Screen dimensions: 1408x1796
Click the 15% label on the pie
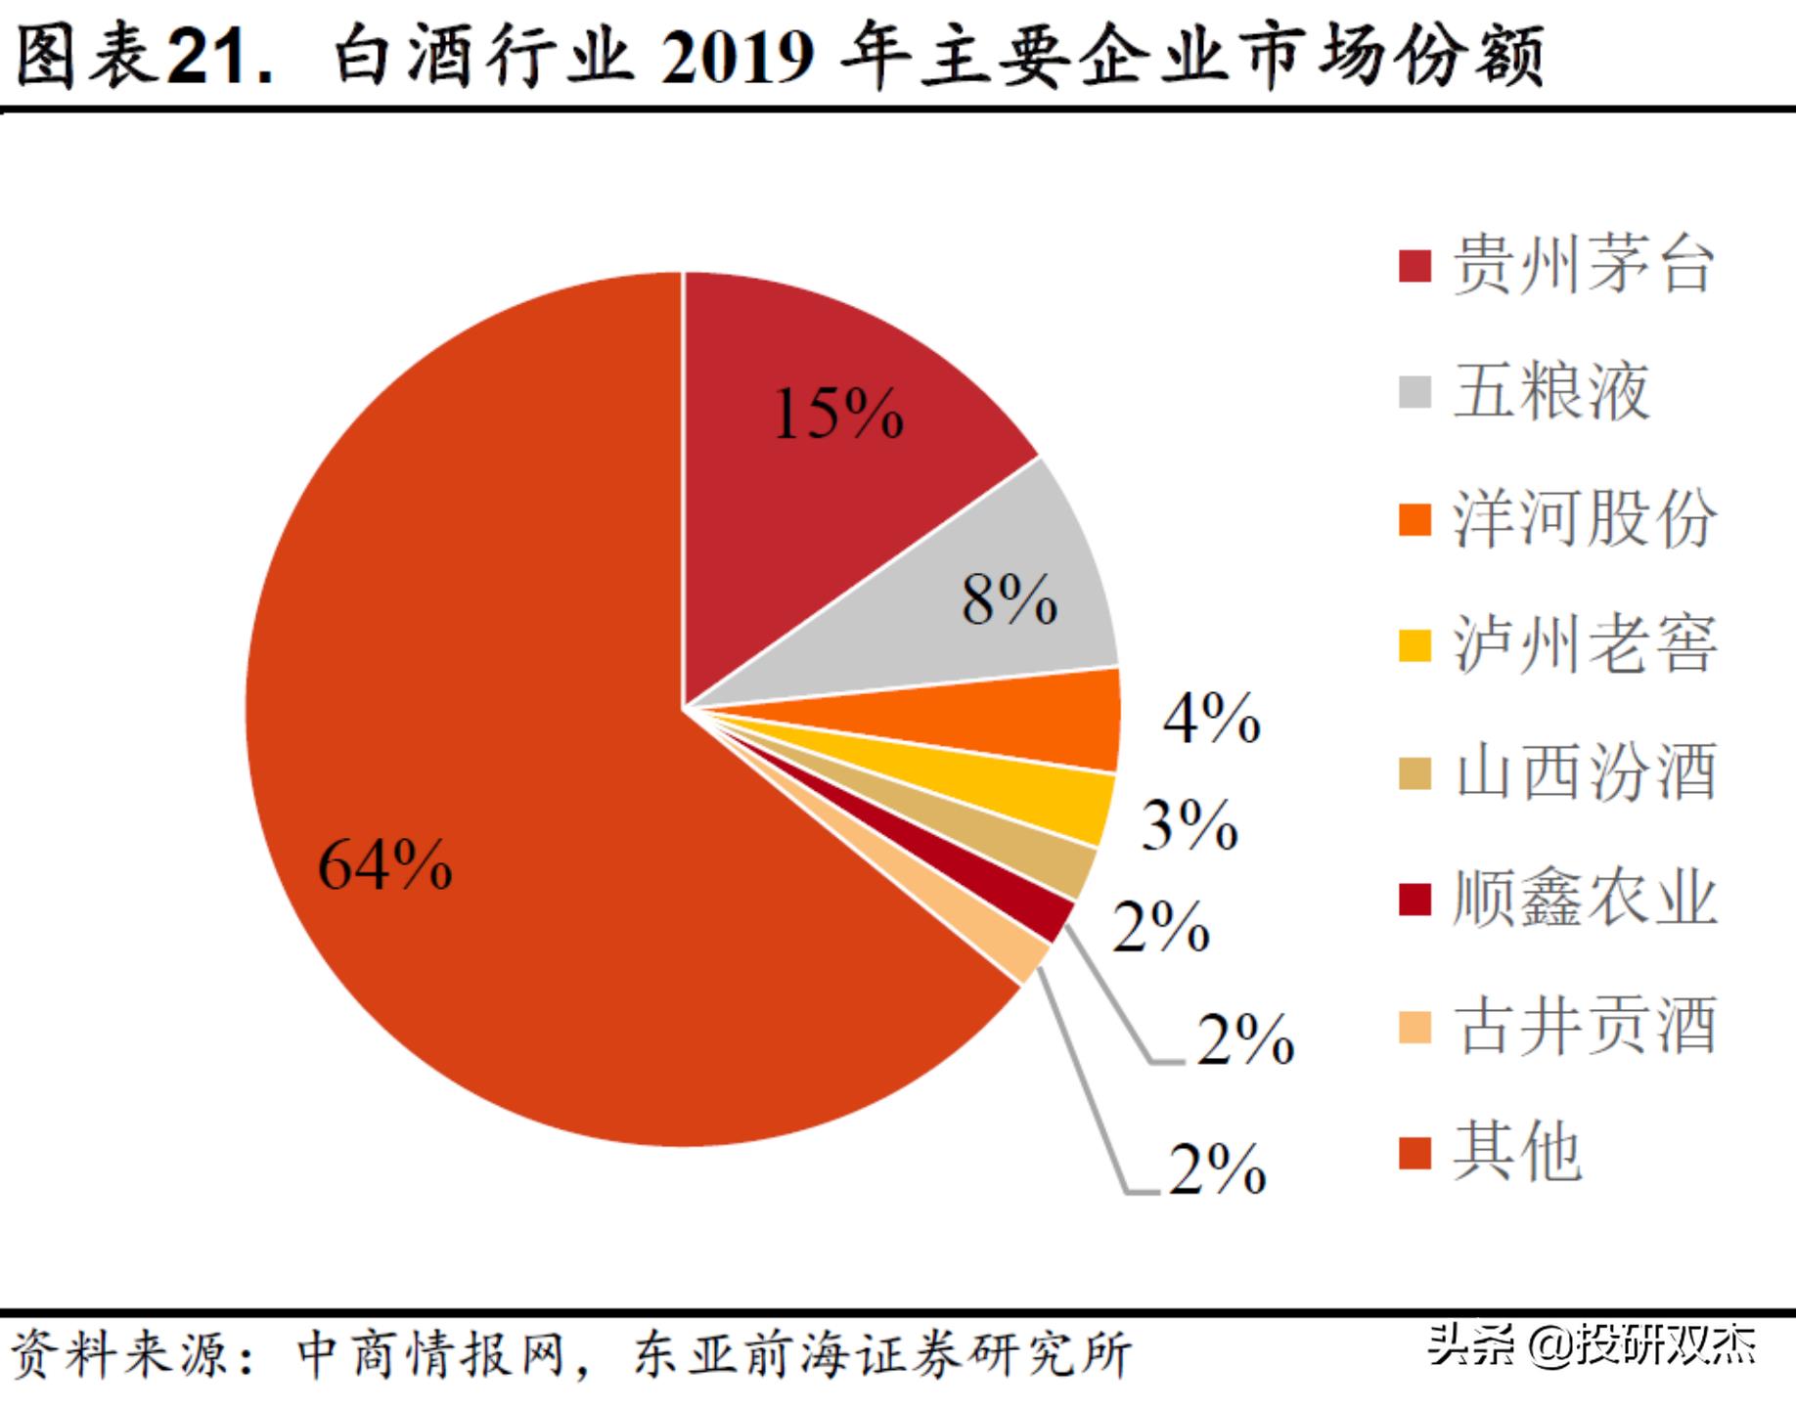tap(838, 414)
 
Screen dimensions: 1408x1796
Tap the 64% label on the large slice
tap(385, 865)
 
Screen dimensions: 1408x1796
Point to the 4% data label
tap(1211, 719)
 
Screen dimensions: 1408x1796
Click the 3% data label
tap(1190, 824)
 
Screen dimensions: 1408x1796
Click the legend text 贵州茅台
tap(1584, 265)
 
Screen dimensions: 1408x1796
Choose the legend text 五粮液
tap(1551, 391)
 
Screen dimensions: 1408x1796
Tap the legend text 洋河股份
tap(1584, 518)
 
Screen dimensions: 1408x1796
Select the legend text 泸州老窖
tap(1584, 644)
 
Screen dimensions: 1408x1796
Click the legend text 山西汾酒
tap(1584, 771)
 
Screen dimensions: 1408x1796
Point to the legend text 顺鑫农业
tap(1584, 898)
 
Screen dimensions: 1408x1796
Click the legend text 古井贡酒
tap(1584, 1025)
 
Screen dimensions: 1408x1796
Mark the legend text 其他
tap(1517, 1152)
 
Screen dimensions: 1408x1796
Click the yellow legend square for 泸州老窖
tap(1414, 645)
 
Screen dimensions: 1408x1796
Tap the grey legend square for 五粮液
tap(1414, 392)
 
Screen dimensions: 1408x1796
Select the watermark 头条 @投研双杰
tap(1592, 1345)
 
